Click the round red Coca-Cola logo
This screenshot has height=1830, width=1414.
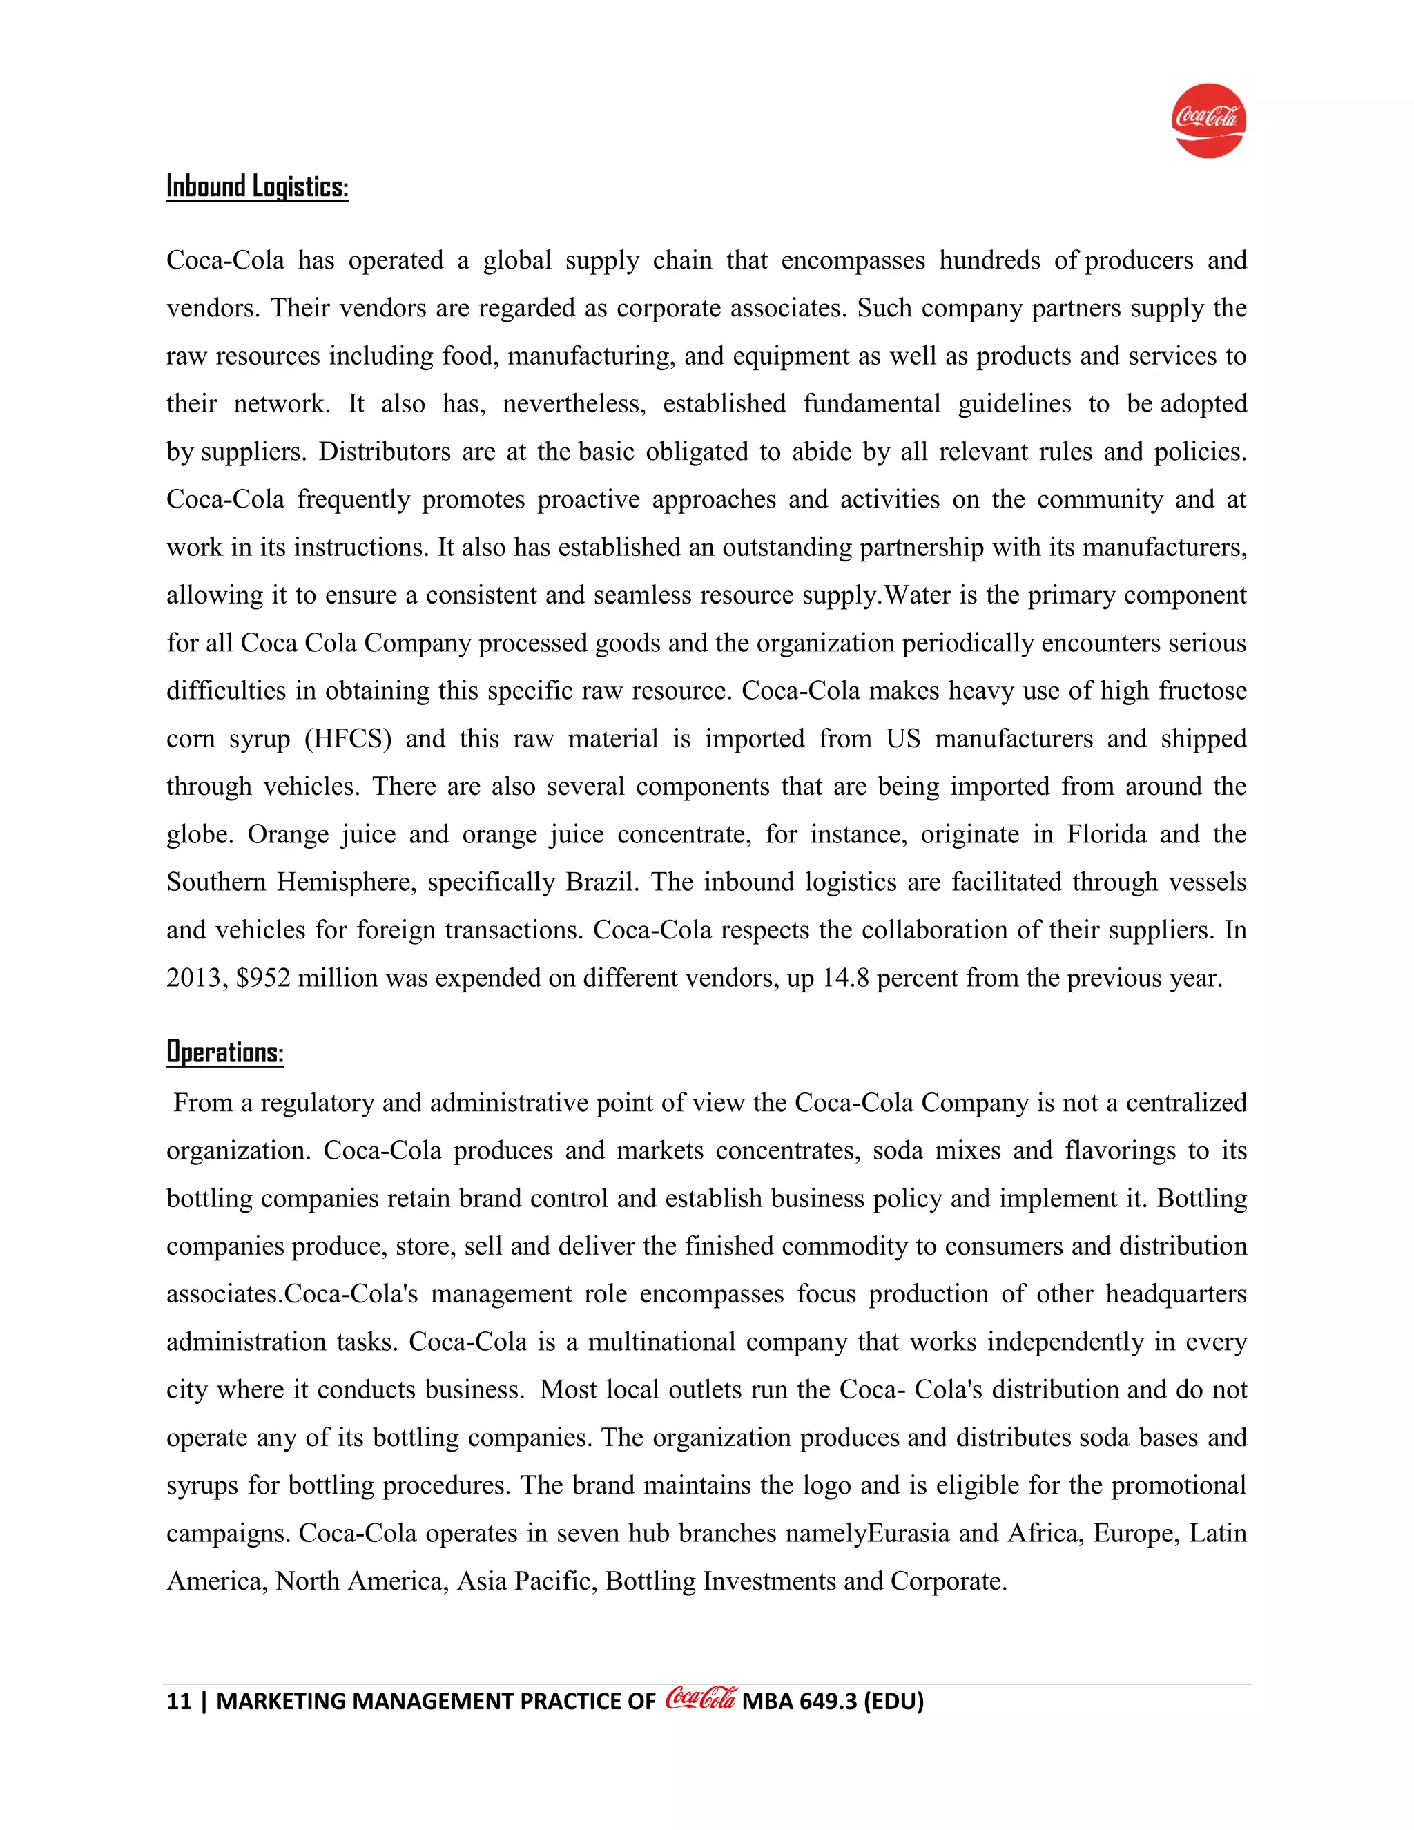point(1208,120)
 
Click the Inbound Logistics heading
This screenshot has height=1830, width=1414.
point(257,186)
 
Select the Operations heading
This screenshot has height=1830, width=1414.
point(224,1052)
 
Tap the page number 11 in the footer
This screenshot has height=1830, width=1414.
point(180,1702)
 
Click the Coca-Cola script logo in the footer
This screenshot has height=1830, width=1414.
point(700,1699)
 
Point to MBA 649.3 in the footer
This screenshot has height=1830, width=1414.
point(799,1702)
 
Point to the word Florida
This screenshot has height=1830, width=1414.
point(1106,835)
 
